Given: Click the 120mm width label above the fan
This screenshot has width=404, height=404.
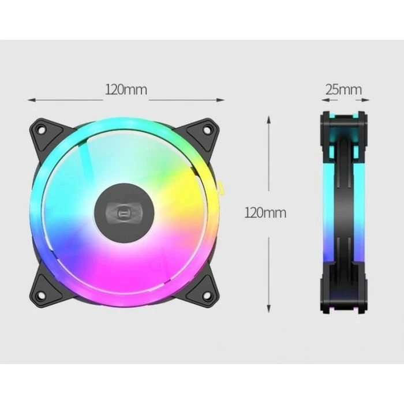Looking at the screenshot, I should coord(126,90).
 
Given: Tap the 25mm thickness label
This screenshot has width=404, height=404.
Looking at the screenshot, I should coord(343,89).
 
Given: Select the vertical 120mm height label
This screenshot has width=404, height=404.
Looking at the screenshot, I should coord(265,212).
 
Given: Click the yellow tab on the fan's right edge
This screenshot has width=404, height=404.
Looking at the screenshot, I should coord(220,188).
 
